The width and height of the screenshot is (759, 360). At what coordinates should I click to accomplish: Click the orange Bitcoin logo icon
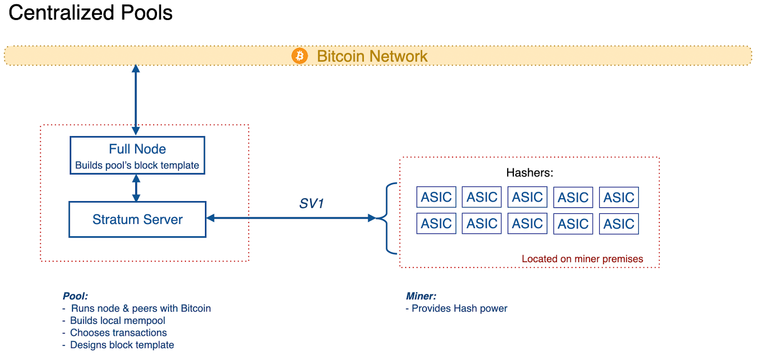pyautogui.click(x=299, y=56)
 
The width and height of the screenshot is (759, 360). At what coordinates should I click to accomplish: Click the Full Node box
pyautogui.click(x=137, y=156)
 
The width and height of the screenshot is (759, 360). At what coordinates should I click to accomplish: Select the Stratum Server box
pyautogui.click(x=137, y=220)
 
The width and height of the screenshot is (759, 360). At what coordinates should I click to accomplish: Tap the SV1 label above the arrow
pyautogui.click(x=311, y=203)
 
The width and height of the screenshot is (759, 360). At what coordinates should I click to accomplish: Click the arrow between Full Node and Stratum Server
pyautogui.click(x=136, y=188)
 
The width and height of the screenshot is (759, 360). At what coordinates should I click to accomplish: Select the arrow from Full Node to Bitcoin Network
pyautogui.click(x=136, y=100)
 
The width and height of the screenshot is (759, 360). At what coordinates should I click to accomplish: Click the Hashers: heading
pyautogui.click(x=529, y=173)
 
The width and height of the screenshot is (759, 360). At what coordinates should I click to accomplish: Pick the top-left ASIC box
pyautogui.click(x=436, y=197)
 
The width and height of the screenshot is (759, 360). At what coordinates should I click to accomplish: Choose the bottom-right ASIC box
pyautogui.click(x=619, y=224)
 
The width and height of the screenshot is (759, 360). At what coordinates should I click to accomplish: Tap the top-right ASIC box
pyautogui.click(x=619, y=197)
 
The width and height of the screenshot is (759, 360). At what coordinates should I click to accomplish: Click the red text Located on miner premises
pyautogui.click(x=582, y=259)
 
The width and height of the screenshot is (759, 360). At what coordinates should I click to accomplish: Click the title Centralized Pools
pyautogui.click(x=91, y=13)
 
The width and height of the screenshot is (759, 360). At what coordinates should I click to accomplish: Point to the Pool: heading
pyautogui.click(x=75, y=296)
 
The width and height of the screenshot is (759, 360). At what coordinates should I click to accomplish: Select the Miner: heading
pyautogui.click(x=421, y=296)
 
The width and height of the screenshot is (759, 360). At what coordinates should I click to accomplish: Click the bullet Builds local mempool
pyautogui.click(x=118, y=321)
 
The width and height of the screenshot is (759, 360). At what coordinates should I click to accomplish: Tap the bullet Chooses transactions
pyautogui.click(x=119, y=333)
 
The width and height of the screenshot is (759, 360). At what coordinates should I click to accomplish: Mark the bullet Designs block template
pyautogui.click(x=122, y=345)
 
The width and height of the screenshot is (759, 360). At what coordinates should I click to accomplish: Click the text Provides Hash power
pyautogui.click(x=459, y=308)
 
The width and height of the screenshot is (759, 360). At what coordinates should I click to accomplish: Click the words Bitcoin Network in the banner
pyautogui.click(x=372, y=56)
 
